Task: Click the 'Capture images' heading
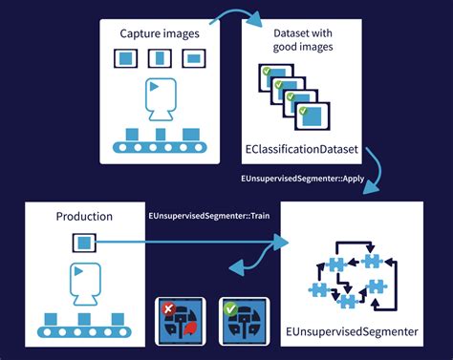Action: [159, 35]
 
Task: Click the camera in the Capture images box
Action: [159, 98]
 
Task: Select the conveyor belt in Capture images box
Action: [159, 146]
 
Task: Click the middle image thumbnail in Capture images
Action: [159, 59]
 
